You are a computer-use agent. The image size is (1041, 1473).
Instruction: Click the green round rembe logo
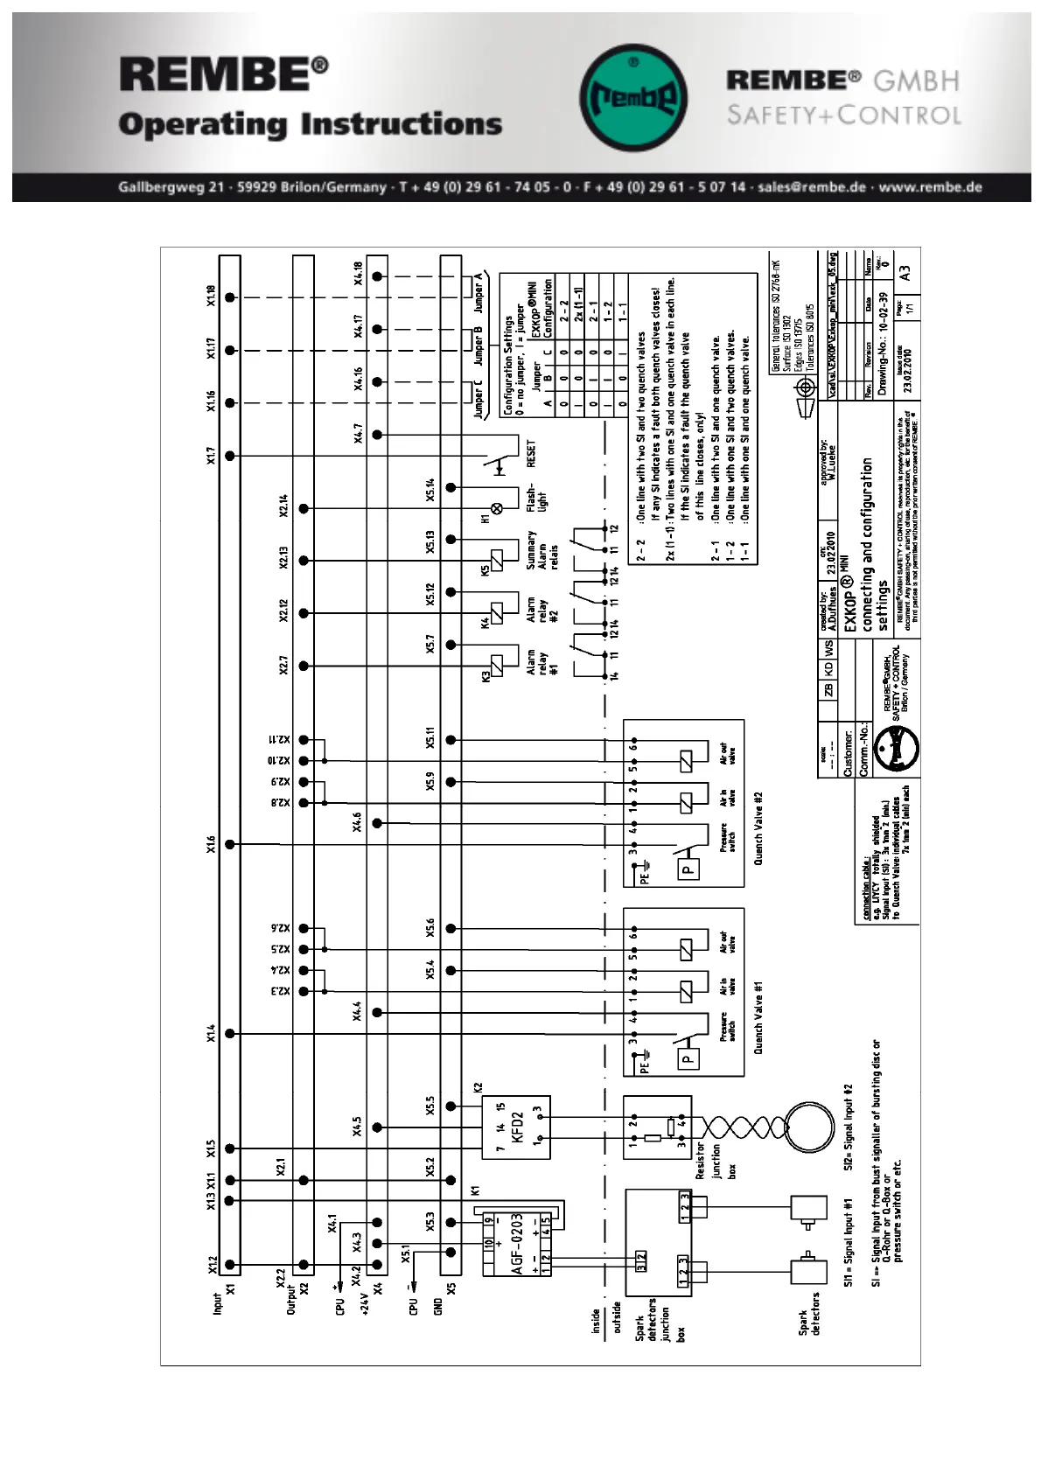point(633,97)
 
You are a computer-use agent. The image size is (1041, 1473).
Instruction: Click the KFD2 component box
point(516,1127)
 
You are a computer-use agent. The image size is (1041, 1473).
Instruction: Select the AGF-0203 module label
point(517,1243)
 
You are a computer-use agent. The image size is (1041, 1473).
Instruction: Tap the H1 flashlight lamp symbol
point(497,508)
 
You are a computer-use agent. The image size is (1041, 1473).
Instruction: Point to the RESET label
point(531,453)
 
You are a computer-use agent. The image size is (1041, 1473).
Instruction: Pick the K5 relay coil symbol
point(497,561)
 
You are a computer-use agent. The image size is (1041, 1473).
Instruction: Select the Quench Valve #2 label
point(758,828)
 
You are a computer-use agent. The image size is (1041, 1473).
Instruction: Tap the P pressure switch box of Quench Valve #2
point(688,869)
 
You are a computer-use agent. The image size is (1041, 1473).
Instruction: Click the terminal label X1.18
point(211,297)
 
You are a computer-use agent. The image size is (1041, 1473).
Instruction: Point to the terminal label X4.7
point(358,434)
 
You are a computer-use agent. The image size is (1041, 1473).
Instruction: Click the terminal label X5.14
point(430,490)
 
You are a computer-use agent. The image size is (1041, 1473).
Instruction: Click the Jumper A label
point(479,293)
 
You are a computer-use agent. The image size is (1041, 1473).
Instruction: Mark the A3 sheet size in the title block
point(905,273)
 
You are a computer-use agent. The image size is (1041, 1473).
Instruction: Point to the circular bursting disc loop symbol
point(809,1127)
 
